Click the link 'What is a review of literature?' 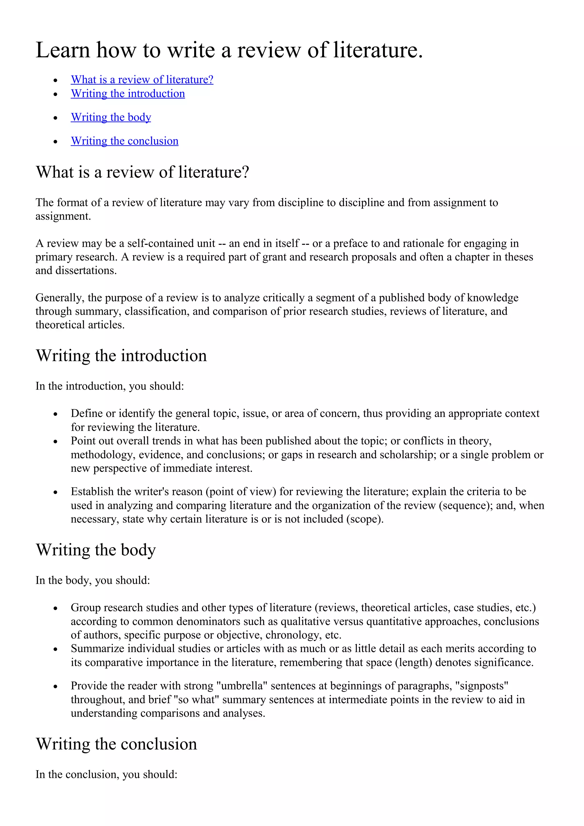[x=142, y=80]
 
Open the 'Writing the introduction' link [x=128, y=93]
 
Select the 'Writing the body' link [x=111, y=117]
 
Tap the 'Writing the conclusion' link [x=125, y=141]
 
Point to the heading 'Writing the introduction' [x=121, y=355]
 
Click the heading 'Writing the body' [x=96, y=550]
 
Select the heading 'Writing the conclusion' [x=117, y=744]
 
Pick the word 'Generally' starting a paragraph [x=59, y=298]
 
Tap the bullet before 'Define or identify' [x=55, y=414]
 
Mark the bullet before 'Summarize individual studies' [x=55, y=649]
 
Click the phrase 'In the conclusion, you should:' [x=107, y=774]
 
